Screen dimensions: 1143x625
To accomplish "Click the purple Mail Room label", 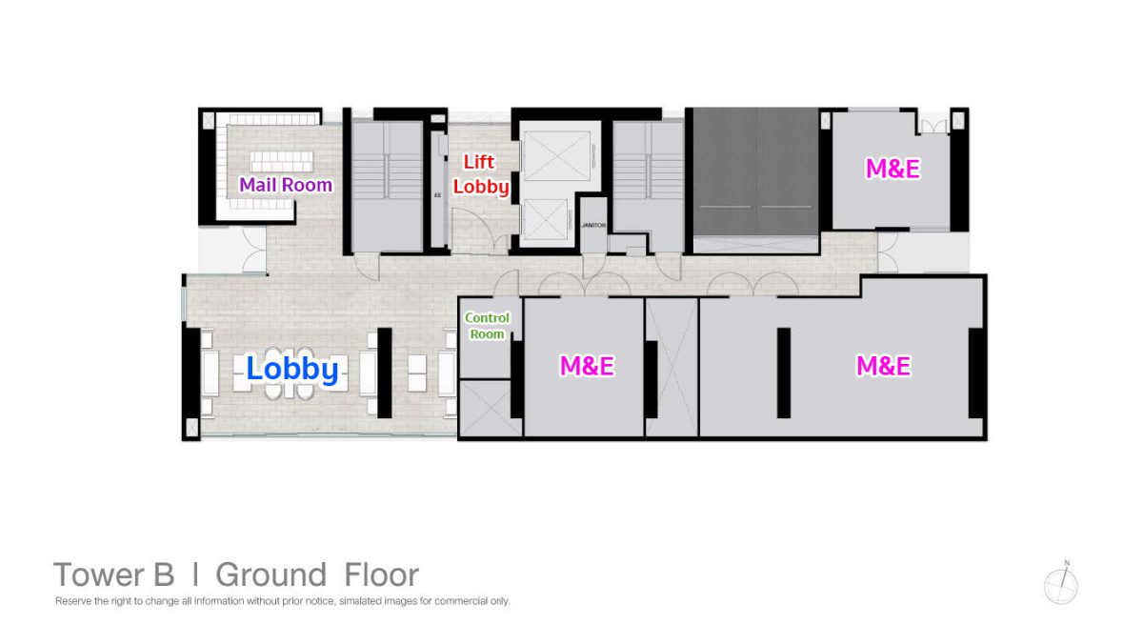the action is [x=286, y=185].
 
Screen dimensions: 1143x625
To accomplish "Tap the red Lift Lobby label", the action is [x=481, y=174].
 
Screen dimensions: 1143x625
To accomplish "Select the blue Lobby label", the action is [x=292, y=369].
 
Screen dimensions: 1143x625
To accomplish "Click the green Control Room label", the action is [x=487, y=326].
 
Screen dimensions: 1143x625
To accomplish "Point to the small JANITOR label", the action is [x=593, y=225].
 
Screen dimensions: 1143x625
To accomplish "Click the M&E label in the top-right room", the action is [x=893, y=169].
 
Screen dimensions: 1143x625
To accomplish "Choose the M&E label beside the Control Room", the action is [x=587, y=366].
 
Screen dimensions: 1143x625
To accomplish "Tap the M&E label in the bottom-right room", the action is [x=883, y=366].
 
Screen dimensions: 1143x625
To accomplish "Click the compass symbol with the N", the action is [x=1061, y=584].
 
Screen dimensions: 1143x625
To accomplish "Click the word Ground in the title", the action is [x=271, y=575].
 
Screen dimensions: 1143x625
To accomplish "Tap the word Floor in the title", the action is [x=382, y=575].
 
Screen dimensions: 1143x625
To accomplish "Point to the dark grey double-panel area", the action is [x=755, y=171].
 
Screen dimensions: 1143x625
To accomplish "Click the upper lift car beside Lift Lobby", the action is [x=557, y=155].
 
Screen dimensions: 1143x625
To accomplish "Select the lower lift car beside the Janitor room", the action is [x=546, y=219].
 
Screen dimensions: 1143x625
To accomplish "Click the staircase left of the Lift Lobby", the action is [x=388, y=186].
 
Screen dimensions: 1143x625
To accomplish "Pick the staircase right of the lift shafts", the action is [x=649, y=186].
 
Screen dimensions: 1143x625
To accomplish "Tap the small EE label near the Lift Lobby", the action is [x=437, y=195].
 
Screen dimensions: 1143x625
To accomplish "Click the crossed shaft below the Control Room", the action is [x=490, y=409].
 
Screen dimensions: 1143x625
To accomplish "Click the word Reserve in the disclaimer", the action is [x=73, y=601].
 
